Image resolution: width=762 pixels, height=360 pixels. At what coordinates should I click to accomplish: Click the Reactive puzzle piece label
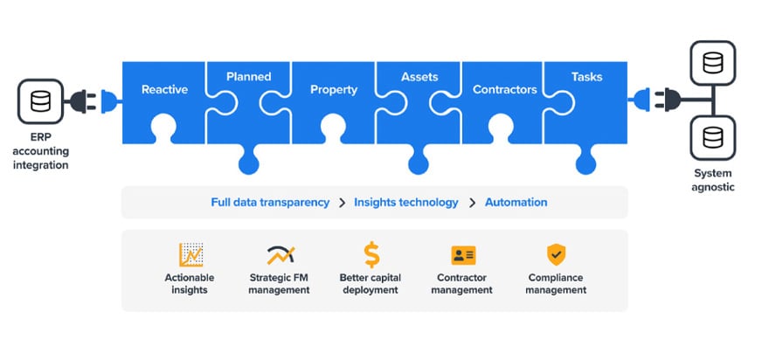pos(164,89)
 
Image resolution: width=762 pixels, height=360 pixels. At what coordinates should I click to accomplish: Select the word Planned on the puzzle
pos(248,76)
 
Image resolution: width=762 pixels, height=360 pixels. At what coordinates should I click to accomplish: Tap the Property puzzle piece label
pos(334,89)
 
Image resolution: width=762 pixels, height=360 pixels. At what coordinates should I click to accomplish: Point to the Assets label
pos(419,76)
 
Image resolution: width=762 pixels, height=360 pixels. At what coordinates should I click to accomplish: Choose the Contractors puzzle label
pos(504,89)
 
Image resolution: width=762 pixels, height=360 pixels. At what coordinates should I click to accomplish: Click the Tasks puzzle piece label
pos(586,76)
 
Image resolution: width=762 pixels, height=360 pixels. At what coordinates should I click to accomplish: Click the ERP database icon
pos(40,100)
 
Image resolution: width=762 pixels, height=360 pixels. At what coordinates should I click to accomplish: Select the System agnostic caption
pos(713,180)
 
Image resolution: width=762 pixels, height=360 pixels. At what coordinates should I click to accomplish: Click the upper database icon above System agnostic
pos(713,62)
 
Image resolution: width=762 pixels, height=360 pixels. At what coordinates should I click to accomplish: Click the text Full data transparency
pos(270,202)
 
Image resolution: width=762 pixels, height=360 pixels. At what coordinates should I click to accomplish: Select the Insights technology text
pos(405,202)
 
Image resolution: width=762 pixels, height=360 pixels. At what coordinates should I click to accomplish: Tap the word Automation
pos(516,202)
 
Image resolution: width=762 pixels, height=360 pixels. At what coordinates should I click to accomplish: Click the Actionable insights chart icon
pos(190,254)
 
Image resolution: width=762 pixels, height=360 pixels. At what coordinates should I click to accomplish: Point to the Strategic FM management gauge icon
pos(280,254)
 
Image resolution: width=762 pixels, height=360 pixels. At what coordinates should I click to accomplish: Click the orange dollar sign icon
pos(371,254)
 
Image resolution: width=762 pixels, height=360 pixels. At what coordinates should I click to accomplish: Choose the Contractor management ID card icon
pos(463,255)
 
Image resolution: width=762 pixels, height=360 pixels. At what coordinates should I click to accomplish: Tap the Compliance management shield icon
pos(556,254)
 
